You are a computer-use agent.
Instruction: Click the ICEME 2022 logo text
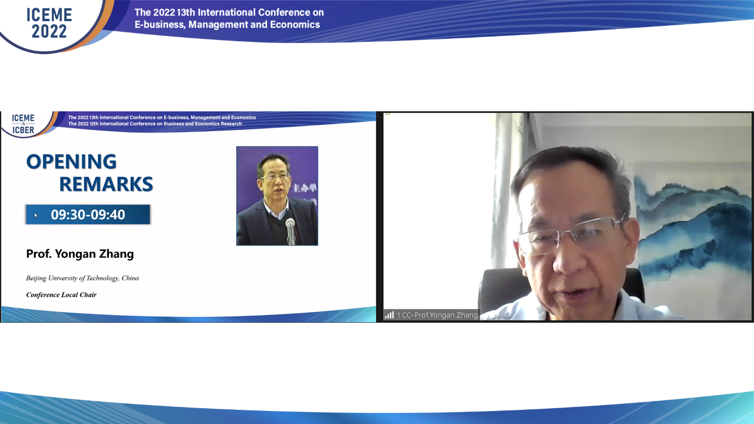tap(49, 23)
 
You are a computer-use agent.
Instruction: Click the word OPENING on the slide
tap(71, 161)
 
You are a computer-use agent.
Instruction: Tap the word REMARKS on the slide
tap(106, 184)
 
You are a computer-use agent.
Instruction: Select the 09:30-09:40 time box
tap(88, 214)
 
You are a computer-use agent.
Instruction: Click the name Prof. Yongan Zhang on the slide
tap(80, 254)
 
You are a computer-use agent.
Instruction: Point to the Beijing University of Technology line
tap(82, 279)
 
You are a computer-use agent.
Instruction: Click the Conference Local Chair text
tap(61, 295)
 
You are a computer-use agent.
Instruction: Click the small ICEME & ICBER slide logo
tap(23, 124)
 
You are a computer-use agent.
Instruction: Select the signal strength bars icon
tap(389, 315)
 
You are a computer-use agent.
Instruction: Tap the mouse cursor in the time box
tap(36, 216)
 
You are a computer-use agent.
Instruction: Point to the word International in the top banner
tap(227, 12)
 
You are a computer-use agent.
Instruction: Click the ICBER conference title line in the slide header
tap(155, 124)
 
